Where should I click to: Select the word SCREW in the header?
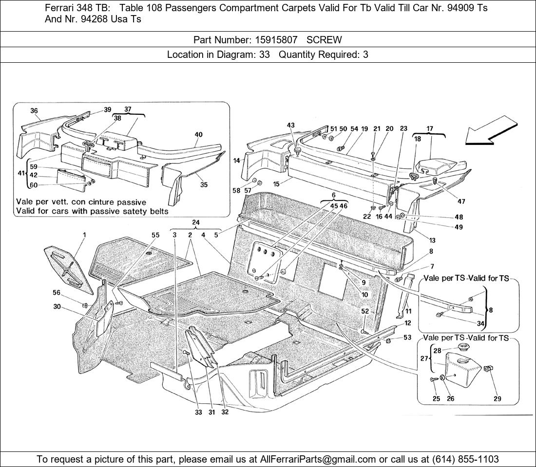(324, 39)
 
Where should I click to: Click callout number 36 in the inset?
(34, 111)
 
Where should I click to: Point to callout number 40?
(198, 135)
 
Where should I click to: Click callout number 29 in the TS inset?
(497, 399)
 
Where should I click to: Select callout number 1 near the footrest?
(84, 235)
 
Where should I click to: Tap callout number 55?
(155, 235)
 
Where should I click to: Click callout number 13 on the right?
(432, 240)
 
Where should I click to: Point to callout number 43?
(290, 126)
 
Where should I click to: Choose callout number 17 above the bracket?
(429, 129)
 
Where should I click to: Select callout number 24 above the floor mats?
(195, 223)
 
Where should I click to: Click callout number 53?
(407, 337)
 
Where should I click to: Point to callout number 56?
(57, 292)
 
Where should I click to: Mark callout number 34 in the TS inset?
(480, 323)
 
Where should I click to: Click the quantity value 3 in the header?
(365, 54)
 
